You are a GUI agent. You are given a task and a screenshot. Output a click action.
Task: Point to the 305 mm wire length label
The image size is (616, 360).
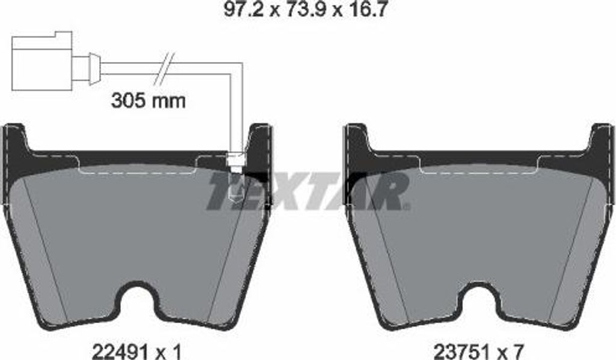coord(149,101)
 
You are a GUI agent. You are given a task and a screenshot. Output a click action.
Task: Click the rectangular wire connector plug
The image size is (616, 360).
coord(42,61)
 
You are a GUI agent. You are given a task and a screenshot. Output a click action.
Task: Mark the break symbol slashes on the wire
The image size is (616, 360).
coord(164,69)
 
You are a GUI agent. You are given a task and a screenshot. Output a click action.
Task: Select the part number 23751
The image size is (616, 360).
coord(461,350)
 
